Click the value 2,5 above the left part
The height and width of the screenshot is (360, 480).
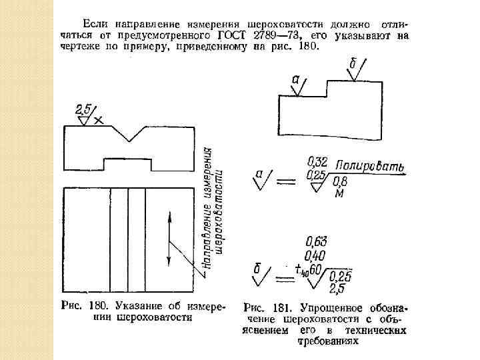[84, 107]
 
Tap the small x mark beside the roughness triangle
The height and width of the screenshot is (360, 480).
[99, 121]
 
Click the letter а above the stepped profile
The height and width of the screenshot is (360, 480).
[295, 79]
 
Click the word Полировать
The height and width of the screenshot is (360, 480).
[370, 166]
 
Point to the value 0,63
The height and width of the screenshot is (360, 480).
[316, 241]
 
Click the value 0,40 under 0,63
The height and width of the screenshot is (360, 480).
[316, 255]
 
